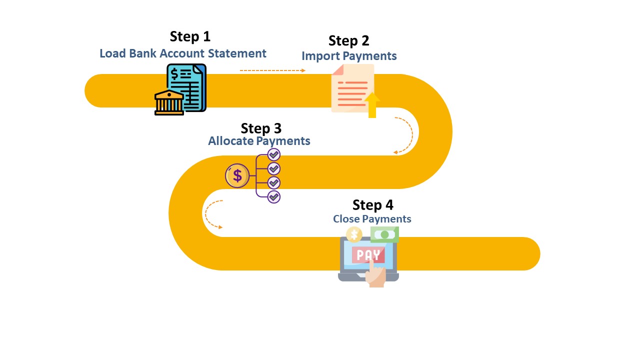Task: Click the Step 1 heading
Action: coord(190,36)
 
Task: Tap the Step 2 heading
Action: coord(349,40)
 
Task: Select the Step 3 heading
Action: coord(261,128)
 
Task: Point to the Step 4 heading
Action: coord(372,205)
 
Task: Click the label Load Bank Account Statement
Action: coord(183,53)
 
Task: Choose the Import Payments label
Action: coord(349,56)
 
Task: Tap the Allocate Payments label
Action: coord(259,141)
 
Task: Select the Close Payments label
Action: coord(372,219)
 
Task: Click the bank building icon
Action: coord(169,103)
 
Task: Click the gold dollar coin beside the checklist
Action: coord(237,175)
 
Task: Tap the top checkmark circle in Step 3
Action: coord(274,154)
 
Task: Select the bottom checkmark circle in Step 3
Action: coord(274,196)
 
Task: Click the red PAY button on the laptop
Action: coord(368,255)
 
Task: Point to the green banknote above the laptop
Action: coord(384,234)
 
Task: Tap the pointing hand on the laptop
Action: coord(375,275)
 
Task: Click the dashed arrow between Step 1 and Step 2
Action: coord(272,70)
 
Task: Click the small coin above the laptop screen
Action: coord(354,234)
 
